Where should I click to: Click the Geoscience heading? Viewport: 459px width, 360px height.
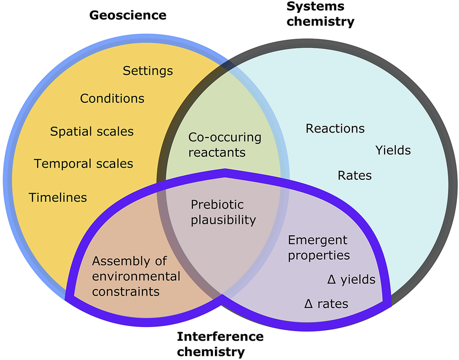(x=128, y=15)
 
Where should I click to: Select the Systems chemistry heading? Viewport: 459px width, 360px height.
(x=321, y=14)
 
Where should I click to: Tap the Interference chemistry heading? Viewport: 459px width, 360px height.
(x=220, y=344)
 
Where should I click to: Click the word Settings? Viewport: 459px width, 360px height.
(x=148, y=71)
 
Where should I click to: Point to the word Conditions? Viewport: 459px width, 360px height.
(x=112, y=98)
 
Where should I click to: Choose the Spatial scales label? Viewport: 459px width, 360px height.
(x=92, y=132)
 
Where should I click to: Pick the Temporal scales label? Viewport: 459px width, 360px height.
(x=83, y=163)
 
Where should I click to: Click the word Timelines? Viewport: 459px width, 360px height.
(x=58, y=197)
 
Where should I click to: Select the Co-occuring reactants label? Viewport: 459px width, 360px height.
(x=224, y=144)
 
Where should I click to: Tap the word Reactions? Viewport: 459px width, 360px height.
(x=335, y=129)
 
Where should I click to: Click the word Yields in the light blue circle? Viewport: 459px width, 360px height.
(x=393, y=150)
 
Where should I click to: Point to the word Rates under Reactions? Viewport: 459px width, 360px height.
(x=354, y=175)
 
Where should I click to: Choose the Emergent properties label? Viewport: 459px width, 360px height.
(x=319, y=248)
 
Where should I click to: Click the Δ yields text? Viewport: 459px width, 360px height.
(x=351, y=280)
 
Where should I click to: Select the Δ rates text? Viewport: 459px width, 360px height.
(x=326, y=303)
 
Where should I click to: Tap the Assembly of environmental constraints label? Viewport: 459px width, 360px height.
(x=136, y=276)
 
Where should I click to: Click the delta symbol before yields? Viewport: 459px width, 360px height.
(x=332, y=280)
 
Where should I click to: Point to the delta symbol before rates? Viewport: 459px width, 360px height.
(x=308, y=303)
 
